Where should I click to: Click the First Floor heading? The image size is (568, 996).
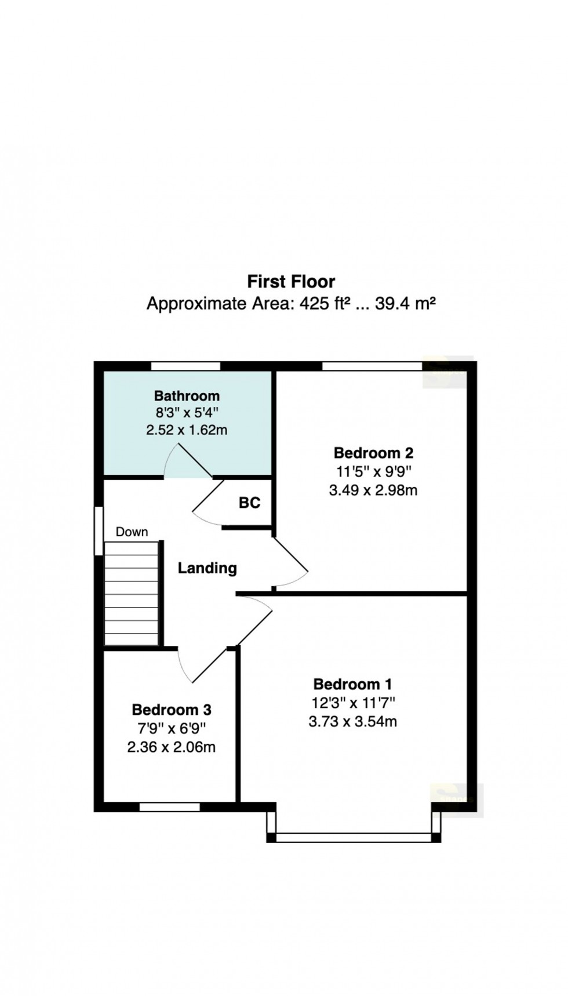tap(291, 282)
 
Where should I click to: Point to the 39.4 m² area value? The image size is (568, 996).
tap(405, 303)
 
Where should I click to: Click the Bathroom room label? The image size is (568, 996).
tap(187, 396)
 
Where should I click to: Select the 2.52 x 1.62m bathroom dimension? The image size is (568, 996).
tap(187, 430)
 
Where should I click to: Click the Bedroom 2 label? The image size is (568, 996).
tap(373, 453)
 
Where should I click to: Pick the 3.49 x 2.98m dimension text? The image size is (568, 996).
tap(373, 490)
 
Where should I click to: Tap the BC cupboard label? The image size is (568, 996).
tap(249, 503)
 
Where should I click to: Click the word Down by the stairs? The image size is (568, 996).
tap(132, 532)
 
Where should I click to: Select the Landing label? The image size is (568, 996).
tap(207, 568)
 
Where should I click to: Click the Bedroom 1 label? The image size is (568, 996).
tap(352, 684)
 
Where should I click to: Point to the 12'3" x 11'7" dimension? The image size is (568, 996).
tap(352, 703)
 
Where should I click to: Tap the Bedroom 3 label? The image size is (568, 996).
tap(172, 710)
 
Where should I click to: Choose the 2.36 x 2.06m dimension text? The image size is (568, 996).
tap(172, 747)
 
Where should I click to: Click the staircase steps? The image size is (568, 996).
tap(132, 594)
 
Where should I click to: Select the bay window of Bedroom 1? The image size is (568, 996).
tap(353, 837)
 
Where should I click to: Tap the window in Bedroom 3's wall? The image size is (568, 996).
tap(170, 806)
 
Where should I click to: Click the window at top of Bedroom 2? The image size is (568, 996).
tap(372, 366)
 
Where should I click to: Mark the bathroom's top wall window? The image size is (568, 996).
tap(186, 366)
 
